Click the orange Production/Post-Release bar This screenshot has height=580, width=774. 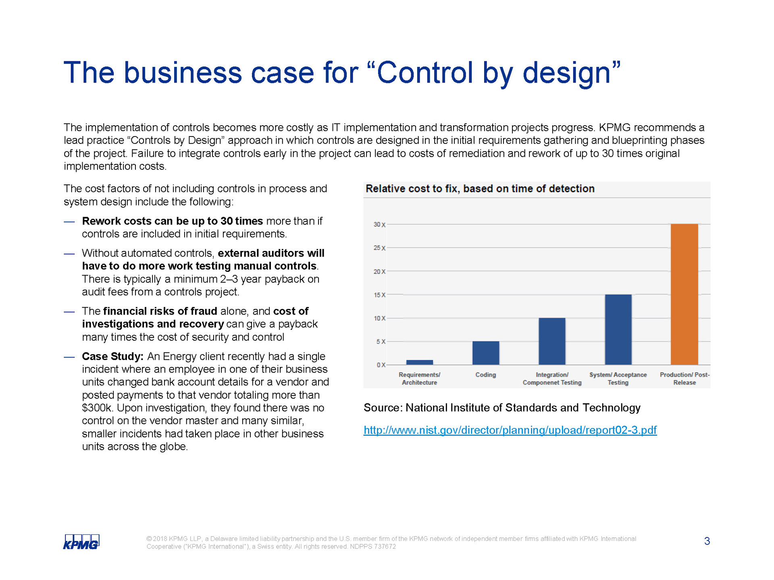pos(684,294)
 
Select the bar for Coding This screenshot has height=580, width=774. pos(486,353)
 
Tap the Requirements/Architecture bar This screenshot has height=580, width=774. pos(419,362)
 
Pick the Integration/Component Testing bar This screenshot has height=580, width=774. pos(552,341)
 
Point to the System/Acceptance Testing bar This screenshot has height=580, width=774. pos(618,329)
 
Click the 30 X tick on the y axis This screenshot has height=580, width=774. pos(379,224)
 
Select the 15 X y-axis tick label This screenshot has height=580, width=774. pos(379,295)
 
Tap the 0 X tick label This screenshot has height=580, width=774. pos(381,365)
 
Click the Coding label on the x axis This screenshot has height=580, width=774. pos(485,375)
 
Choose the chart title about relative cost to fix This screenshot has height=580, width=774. pos(480,188)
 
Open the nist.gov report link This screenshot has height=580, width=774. pos(510,430)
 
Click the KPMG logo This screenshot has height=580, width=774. pos(81,542)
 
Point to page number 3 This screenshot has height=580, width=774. pos(707,541)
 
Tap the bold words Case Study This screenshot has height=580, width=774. pos(112,356)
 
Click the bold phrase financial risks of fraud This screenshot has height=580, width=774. pos(160,311)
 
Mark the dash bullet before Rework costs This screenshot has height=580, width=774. pos(69,222)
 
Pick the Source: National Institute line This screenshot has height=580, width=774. pos(502,408)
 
